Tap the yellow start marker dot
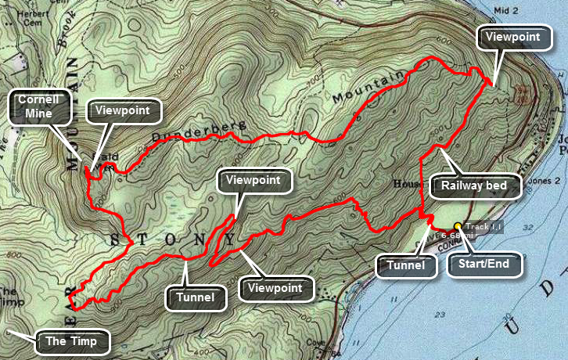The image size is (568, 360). point(457,227)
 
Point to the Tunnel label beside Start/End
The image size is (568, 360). point(405,266)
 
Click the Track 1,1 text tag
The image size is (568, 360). point(488,226)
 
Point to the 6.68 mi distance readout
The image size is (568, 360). point(455,235)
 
